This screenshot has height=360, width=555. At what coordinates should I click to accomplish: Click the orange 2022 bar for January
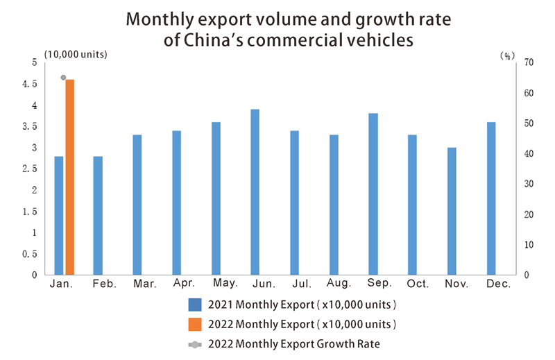(70, 177)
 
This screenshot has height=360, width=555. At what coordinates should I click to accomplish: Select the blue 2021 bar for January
(59, 215)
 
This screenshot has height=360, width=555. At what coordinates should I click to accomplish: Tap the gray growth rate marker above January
(63, 78)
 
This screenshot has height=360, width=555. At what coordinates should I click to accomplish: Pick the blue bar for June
(255, 191)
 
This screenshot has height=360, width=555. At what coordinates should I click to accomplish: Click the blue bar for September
(373, 194)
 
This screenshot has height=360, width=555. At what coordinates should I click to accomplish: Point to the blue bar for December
(491, 198)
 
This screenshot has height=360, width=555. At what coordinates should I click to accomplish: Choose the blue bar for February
(98, 215)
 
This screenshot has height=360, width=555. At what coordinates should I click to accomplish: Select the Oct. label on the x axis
(418, 284)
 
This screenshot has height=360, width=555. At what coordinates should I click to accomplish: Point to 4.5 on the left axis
(30, 84)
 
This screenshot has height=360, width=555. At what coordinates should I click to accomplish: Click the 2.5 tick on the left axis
(30, 169)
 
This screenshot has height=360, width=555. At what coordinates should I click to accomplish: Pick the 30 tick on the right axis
(529, 184)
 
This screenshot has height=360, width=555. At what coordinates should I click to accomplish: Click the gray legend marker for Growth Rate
(195, 343)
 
